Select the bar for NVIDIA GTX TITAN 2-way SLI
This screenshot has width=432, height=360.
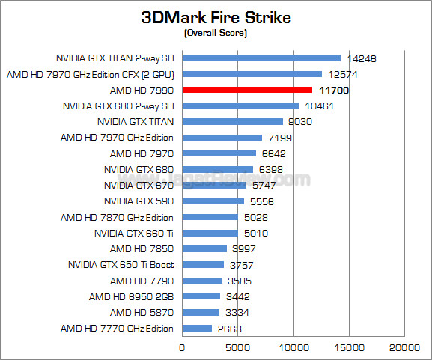(261, 58)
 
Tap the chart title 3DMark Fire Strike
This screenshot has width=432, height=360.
(216, 18)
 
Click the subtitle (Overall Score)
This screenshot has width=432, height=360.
(216, 34)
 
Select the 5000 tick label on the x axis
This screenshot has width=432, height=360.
(237, 347)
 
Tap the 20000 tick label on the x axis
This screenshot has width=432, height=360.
(406, 347)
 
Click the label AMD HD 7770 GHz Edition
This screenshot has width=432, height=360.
(117, 329)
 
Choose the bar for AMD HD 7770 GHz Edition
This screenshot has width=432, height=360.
(197, 329)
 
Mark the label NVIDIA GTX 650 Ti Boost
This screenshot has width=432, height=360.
(121, 265)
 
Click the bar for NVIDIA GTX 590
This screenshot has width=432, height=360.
(213, 201)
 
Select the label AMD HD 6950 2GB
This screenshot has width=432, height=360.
(131, 296)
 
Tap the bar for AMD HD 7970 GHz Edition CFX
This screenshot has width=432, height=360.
(252, 74)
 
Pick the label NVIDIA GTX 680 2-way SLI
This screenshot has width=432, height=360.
(118, 106)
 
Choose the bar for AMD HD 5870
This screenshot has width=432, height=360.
(201, 312)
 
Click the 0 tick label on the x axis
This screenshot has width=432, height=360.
(182, 347)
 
